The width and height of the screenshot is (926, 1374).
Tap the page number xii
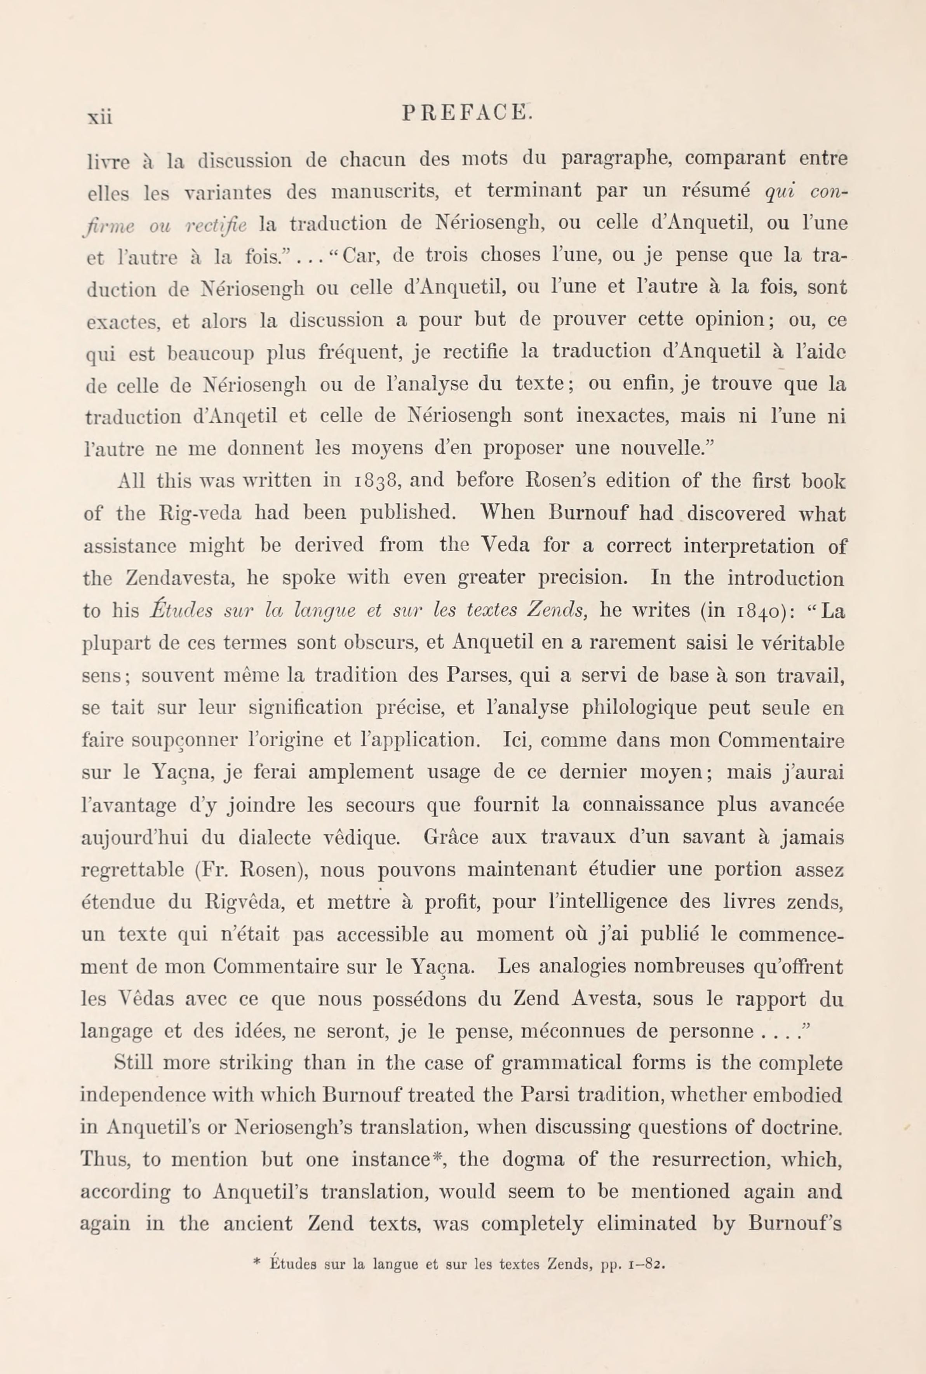(x=100, y=116)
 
